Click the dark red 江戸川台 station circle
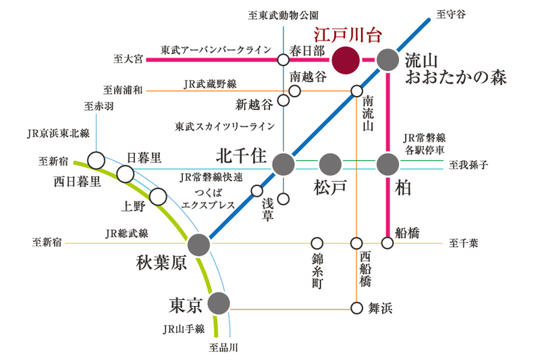(346, 60)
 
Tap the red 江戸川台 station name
(348, 35)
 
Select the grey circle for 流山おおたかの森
(387, 60)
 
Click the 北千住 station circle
(283, 164)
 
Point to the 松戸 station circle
(330, 164)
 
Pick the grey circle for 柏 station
(387, 164)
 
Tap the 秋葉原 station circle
(198, 245)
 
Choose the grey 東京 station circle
(219, 303)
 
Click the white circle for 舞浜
(356, 307)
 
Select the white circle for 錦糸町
(317, 243)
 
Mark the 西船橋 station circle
(356, 243)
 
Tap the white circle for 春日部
(283, 60)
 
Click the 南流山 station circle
(356, 91)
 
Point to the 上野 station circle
(158, 197)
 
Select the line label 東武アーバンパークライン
(216, 50)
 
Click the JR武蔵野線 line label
(210, 84)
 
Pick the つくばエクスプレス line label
(208, 199)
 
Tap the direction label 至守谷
(451, 14)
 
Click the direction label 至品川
(223, 347)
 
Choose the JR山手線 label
(184, 329)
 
